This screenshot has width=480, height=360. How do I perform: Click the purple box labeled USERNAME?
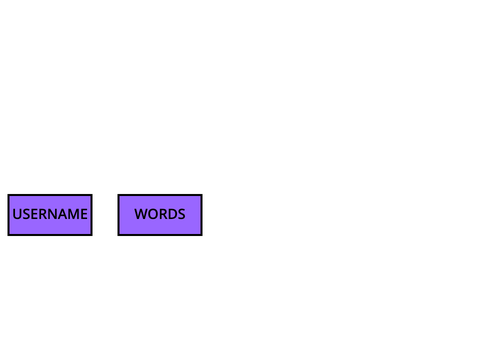click(x=50, y=215)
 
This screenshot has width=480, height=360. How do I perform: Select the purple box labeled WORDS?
click(x=160, y=215)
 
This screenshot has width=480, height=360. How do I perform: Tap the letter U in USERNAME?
click(x=17, y=214)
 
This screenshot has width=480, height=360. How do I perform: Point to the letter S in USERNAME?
click(x=26, y=214)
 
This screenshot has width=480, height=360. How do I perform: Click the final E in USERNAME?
click(x=84, y=214)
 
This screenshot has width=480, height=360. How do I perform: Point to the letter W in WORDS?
click(x=141, y=214)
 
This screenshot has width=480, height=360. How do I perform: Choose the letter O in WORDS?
click(x=154, y=214)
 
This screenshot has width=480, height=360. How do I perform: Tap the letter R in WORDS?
click(x=164, y=214)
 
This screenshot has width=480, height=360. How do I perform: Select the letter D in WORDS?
click(x=173, y=214)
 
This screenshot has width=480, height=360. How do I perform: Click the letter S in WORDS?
click(x=182, y=214)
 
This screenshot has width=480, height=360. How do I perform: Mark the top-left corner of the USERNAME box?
click(x=8, y=194)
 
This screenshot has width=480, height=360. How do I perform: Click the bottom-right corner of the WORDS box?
click(x=202, y=236)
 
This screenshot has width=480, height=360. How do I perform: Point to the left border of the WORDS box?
click(x=118, y=215)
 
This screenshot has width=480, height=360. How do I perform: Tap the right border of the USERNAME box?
click(x=92, y=215)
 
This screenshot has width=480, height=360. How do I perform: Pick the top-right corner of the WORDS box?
click(x=202, y=194)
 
